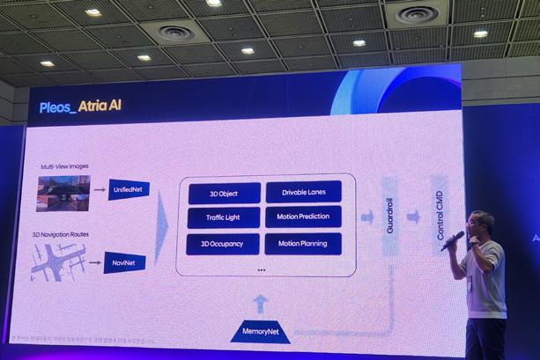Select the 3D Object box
coord(224,192)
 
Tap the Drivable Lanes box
coord(303,192)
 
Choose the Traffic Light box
coord(224,217)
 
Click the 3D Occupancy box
coord(224,243)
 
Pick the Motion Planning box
coord(303,243)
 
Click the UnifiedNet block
coord(128,189)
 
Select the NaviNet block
coord(125,261)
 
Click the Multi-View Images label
coord(64,165)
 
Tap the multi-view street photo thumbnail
coord(63,193)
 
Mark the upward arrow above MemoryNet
coord(260,304)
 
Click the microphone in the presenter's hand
coord(452,240)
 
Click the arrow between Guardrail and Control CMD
coord(412,216)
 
